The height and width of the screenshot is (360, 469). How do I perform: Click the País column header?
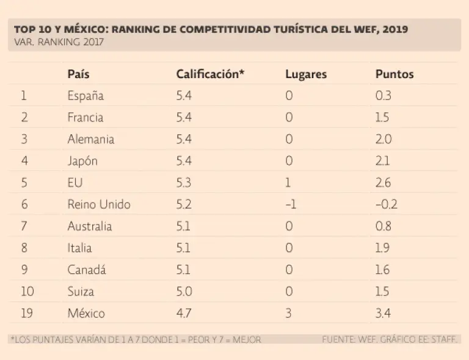[x=79, y=74]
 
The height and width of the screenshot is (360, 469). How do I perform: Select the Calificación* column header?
[x=210, y=74]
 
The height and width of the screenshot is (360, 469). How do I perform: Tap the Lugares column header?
[x=306, y=74]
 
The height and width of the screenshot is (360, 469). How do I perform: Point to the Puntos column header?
[x=394, y=74]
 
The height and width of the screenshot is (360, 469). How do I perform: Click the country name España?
[x=85, y=96]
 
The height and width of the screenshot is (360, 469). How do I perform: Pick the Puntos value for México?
[x=384, y=314]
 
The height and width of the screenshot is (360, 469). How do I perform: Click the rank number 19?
[x=27, y=314]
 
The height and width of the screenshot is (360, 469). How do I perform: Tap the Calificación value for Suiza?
[x=184, y=292]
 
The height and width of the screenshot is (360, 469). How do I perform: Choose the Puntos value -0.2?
[x=386, y=204]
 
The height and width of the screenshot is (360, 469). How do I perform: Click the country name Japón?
[x=82, y=161]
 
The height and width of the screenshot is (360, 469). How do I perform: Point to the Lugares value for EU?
[x=288, y=183]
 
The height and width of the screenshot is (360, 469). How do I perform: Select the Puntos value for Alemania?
[x=384, y=139]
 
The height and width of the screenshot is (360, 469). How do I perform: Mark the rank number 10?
[x=27, y=292]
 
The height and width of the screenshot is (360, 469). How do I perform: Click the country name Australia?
[x=90, y=226]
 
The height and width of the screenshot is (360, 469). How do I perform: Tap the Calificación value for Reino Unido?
[x=184, y=204]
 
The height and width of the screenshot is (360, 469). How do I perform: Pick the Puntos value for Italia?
[x=383, y=248]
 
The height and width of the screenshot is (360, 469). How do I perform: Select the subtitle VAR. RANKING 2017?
[x=59, y=42]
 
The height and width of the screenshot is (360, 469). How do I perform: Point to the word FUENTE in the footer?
[x=340, y=339]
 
